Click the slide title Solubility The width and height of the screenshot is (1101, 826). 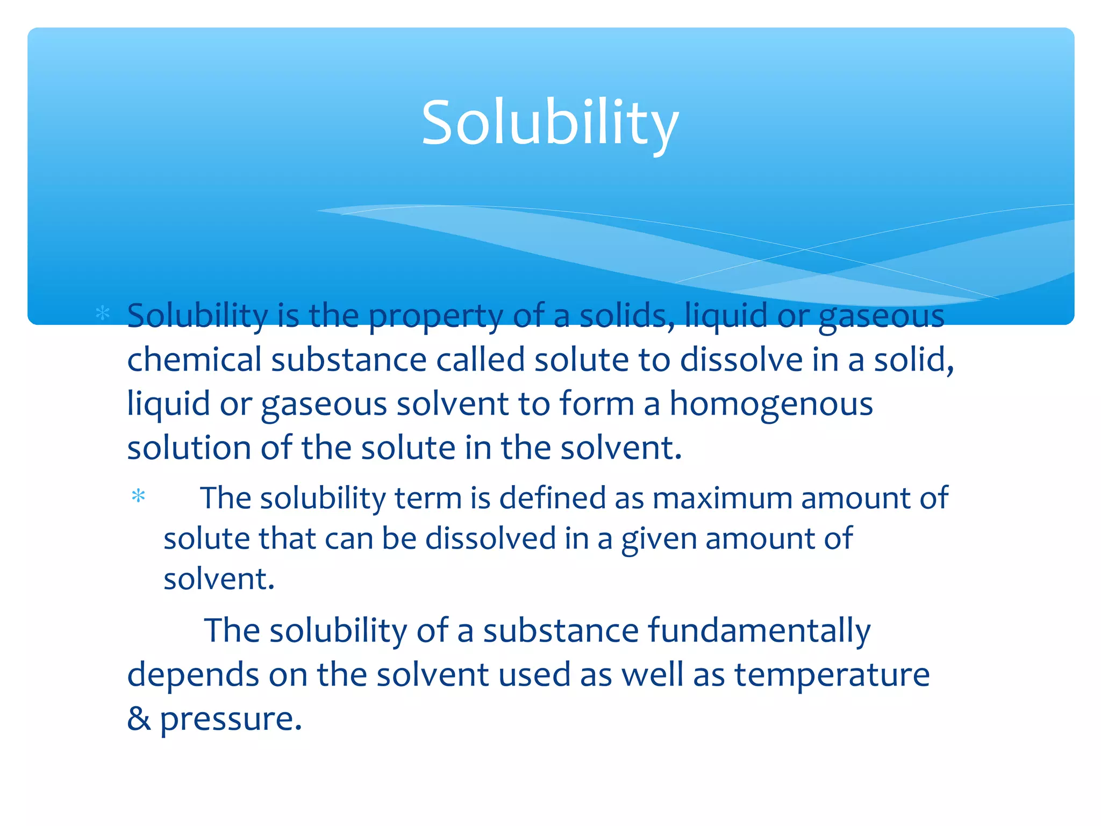[x=549, y=123]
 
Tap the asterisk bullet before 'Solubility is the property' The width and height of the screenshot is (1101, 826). [x=102, y=313]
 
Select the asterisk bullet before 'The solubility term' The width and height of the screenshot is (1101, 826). [x=139, y=496]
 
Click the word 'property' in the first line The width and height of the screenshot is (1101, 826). [x=435, y=316]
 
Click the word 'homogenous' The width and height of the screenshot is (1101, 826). [x=771, y=404]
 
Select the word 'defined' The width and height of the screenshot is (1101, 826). [x=552, y=499]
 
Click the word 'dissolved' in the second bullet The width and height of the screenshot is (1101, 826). [x=490, y=539]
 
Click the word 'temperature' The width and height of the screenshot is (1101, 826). [x=832, y=675]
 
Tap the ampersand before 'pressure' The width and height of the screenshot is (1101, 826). [x=139, y=718]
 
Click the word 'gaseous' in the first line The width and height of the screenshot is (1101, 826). [x=881, y=316]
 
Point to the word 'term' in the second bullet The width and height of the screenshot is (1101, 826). [x=428, y=499]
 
